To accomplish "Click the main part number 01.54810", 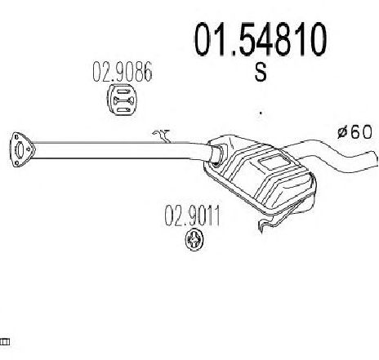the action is coord(260,39).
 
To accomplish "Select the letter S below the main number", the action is coord(261,72).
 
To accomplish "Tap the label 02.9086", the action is coord(123,72).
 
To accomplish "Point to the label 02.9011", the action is coord(192,216).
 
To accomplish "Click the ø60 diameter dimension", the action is coord(354,132).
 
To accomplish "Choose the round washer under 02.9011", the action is coord(194,240).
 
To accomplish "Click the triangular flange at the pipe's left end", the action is coord(22,149).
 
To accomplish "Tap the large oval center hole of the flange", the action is coord(20,150).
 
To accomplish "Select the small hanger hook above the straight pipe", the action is coord(163,136).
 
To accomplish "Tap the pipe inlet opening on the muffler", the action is coord(217,155).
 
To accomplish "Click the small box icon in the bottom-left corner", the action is coord(5,342).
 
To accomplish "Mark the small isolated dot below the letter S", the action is coord(261,113).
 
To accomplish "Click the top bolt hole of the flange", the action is coord(17,137).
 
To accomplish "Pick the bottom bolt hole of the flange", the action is coord(16,163).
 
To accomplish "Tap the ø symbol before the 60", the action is coord(342,132).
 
